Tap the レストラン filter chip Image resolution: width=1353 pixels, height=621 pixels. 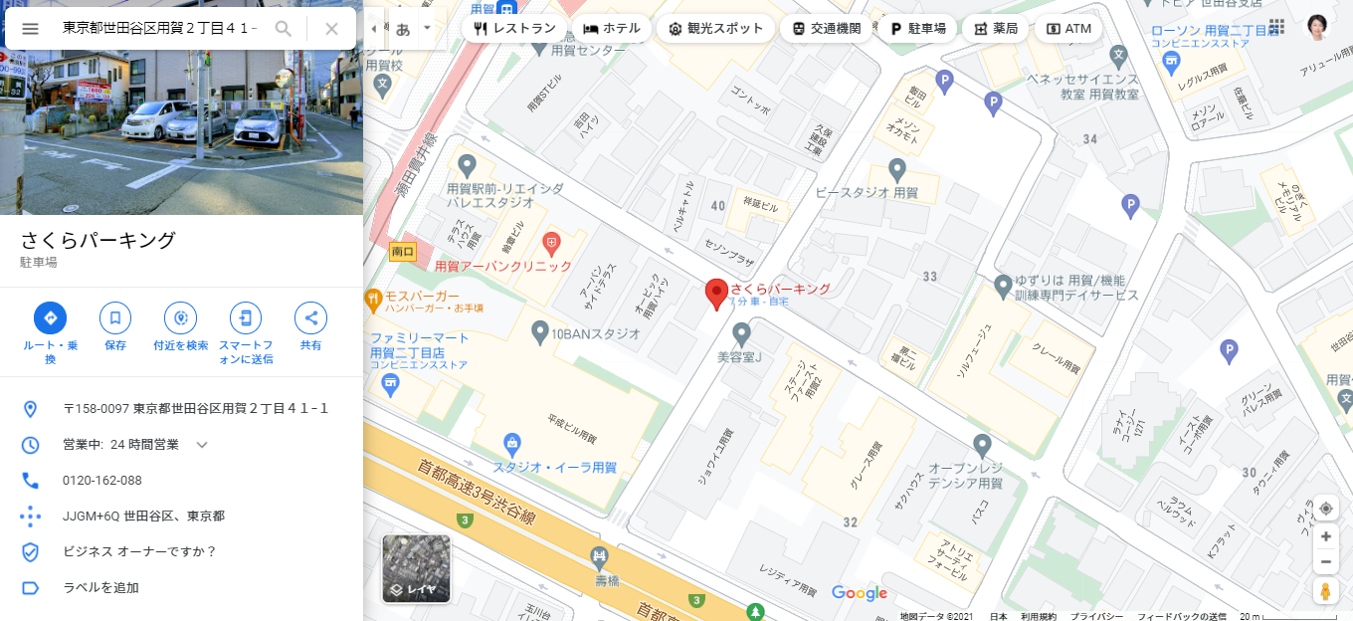tap(514, 29)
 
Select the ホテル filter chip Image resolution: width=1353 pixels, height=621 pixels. tap(612, 29)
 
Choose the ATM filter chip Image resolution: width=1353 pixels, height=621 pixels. tap(1068, 29)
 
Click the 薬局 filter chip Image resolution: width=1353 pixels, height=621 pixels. tap(994, 29)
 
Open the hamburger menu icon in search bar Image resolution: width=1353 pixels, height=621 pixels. tap(30, 29)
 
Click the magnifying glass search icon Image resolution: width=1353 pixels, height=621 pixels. tap(284, 29)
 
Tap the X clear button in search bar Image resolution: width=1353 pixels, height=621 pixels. tap(332, 29)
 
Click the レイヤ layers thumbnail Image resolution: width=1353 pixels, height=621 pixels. tap(417, 569)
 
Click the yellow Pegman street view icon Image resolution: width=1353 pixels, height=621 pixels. tap(1325, 591)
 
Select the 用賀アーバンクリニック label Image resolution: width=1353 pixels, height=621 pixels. tap(503, 267)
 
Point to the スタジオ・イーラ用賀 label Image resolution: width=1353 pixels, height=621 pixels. tap(555, 467)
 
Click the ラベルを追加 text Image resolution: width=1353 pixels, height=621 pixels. tap(100, 588)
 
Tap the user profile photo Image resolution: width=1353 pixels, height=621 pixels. tap(1316, 27)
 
